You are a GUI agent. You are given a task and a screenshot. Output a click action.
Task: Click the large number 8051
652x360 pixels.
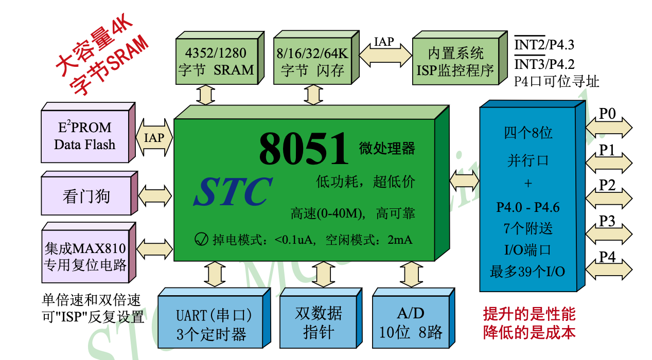pos(304,149)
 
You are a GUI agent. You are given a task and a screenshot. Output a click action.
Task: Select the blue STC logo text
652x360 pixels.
pos(233,192)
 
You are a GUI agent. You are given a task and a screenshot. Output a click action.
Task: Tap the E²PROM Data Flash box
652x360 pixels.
pos(84,136)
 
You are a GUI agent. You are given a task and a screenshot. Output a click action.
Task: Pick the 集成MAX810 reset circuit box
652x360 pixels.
pos(85,257)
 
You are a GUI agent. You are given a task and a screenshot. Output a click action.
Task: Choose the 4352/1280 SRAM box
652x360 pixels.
pos(216,61)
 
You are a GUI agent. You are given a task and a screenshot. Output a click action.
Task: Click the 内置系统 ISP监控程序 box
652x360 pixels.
pos(455,61)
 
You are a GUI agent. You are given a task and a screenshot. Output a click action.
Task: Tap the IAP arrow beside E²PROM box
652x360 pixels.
pos(154,138)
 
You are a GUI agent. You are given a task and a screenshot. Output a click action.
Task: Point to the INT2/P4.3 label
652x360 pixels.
pos(544,45)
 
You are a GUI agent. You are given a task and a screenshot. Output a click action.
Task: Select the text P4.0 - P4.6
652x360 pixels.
pos(527,207)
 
